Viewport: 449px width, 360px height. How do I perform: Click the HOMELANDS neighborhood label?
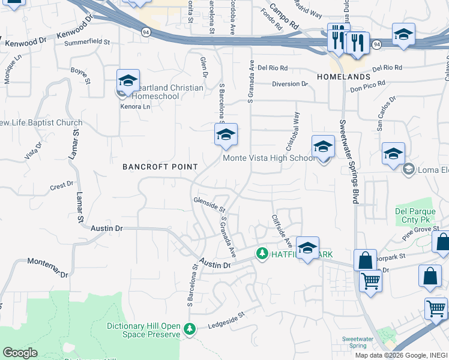(343, 78)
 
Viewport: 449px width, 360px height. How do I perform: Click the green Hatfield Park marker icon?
(262, 254)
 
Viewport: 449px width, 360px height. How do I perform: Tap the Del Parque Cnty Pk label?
(413, 215)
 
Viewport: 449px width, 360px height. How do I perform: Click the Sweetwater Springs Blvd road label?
(348, 162)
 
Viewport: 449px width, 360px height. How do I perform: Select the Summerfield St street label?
(87, 43)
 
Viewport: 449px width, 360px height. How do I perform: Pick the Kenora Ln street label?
(135, 107)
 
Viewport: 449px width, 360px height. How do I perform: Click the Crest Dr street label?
(61, 186)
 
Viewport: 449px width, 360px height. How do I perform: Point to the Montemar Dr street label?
(49, 267)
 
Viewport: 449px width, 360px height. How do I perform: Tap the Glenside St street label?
(209, 205)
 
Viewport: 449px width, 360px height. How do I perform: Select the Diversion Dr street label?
(289, 84)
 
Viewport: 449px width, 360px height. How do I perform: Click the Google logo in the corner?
(20, 353)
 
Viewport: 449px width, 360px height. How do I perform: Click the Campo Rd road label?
(284, 17)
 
